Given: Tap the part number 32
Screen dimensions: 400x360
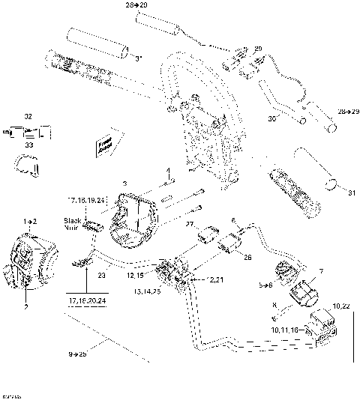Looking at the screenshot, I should (28, 117).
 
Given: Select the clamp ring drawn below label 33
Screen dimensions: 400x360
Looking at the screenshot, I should (26, 166).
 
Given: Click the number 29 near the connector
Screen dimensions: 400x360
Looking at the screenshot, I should (259, 49).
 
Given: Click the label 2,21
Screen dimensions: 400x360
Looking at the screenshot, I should (216, 279).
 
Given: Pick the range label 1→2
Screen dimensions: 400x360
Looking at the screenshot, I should (31, 222).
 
